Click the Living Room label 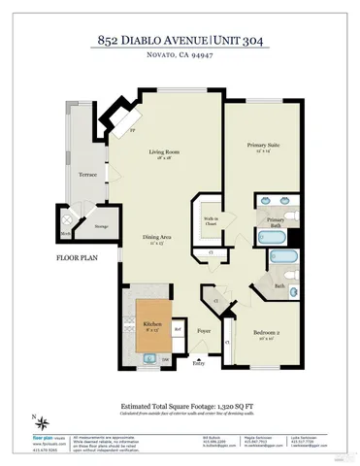point(165,152)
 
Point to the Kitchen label point(152,324)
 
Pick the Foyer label point(205,331)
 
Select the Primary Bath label point(276,221)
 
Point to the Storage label point(100,226)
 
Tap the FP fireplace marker point(132,129)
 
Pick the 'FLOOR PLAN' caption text point(75,259)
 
